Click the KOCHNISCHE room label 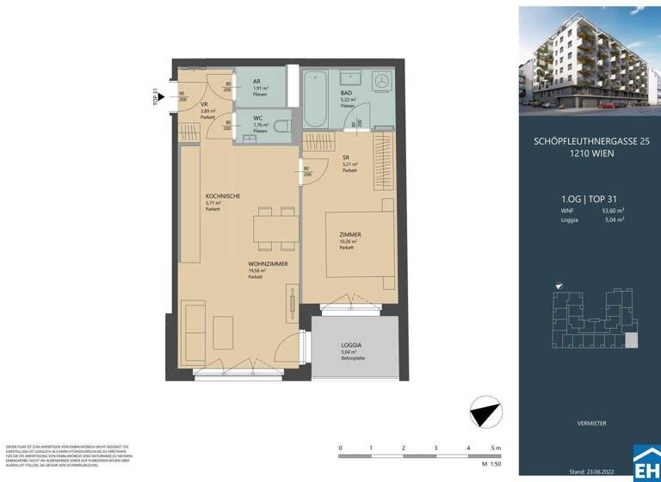(222, 196)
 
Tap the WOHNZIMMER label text (267, 263)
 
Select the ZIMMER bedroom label (349, 234)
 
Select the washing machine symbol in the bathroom (381, 83)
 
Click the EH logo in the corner (646, 465)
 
